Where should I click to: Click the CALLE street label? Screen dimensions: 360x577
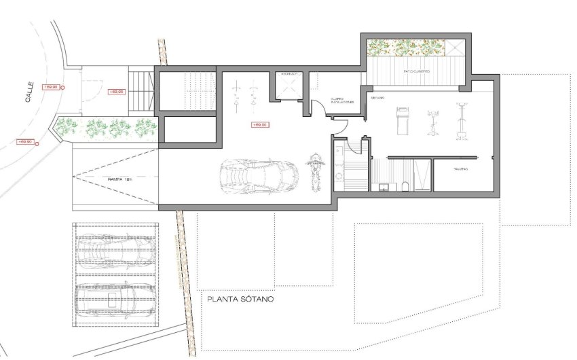[x=29, y=92]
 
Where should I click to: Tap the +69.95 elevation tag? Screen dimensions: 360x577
[x=116, y=90]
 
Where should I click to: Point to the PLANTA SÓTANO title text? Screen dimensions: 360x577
[x=240, y=298]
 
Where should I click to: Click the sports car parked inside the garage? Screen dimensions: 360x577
[x=257, y=176]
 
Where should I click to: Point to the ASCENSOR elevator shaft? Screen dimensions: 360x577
[x=288, y=85]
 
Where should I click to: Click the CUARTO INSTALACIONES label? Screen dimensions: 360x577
[x=342, y=100]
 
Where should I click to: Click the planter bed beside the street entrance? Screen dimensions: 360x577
[x=106, y=126]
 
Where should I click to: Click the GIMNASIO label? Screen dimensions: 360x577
[x=377, y=98]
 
